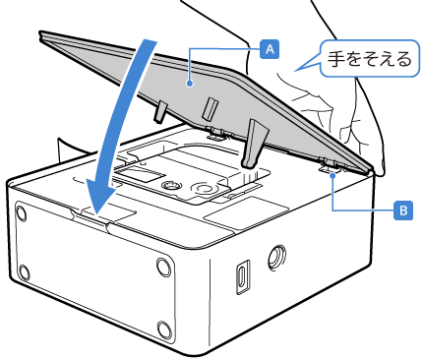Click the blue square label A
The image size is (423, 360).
270,49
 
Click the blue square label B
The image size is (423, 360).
403,210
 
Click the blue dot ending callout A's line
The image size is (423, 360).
189,85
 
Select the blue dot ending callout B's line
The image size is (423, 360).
333,176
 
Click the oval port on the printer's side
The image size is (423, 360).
243,276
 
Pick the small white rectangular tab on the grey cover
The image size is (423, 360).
210,108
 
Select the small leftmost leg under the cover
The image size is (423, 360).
160,112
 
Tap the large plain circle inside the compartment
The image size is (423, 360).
204,190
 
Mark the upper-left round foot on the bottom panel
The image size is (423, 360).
21,213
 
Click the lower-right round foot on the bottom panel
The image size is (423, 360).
163,329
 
